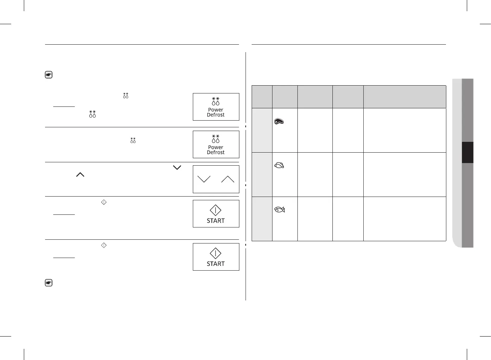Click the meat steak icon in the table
[x=279, y=121]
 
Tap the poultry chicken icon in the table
[x=279, y=165]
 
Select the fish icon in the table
[x=279, y=210]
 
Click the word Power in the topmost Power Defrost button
[x=216, y=110]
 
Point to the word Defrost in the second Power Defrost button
[x=216, y=152]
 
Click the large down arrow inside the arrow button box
[x=204, y=179]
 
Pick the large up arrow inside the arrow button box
[x=227, y=179]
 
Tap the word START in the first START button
[x=216, y=221]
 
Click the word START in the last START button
[x=216, y=264]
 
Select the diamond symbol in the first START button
[x=216, y=210]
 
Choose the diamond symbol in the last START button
[x=216, y=253]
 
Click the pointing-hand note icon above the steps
[x=48, y=75]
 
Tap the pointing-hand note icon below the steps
[x=48, y=283]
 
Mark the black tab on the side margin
[x=468, y=152]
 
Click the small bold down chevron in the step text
[x=177, y=168]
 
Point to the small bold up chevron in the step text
[x=80, y=174]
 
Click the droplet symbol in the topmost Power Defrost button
[x=216, y=101]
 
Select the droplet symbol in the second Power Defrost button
[x=216, y=138]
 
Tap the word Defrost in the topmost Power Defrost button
[x=216, y=115]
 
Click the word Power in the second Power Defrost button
[x=216, y=147]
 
